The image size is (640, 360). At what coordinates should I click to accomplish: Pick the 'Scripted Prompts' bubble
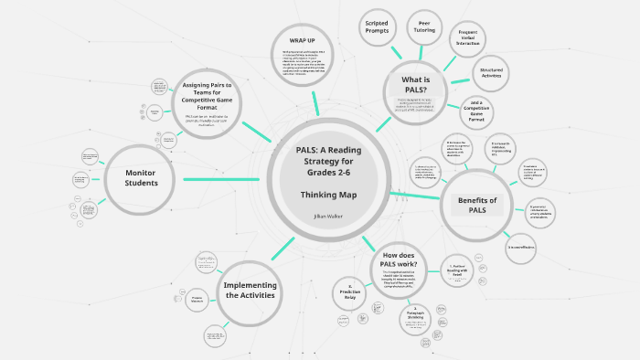click(377, 27)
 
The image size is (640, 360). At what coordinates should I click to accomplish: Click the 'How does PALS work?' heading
click(400, 260)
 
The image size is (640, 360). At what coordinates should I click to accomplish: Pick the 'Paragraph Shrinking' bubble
click(419, 316)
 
